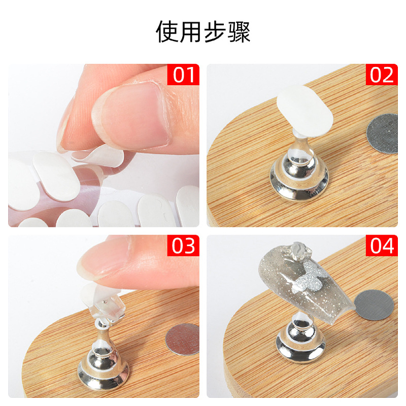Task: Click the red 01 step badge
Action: pos(183,75)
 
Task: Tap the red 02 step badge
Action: pos(382,75)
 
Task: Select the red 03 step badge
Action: pos(183,246)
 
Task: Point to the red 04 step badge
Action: pos(382,246)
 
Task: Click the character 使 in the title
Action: pos(167,32)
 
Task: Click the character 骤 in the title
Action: pos(239,32)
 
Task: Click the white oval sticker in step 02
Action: pos(304,111)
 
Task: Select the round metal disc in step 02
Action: pos(382,133)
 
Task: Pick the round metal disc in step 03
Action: pos(183,339)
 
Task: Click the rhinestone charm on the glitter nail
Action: pos(293,250)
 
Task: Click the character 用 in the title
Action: pos(191,32)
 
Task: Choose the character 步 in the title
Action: pos(215,32)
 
